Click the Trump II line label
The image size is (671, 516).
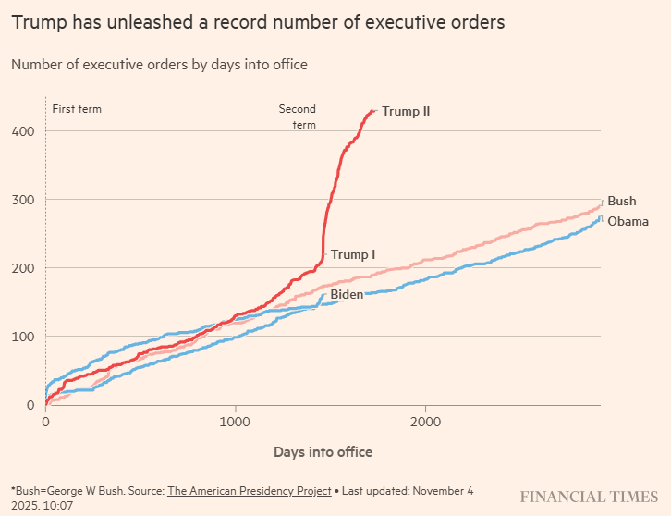click(x=406, y=112)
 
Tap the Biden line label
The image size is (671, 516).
click(x=347, y=294)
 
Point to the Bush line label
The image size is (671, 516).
click(x=622, y=202)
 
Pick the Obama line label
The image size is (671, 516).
click(x=628, y=222)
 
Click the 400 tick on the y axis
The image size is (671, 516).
click(x=23, y=131)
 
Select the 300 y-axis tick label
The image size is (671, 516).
click(x=23, y=200)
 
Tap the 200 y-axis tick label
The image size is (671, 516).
click(x=23, y=268)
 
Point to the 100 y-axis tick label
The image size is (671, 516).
click(x=23, y=337)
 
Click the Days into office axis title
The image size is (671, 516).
click(x=323, y=452)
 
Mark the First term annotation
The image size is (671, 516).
click(x=77, y=109)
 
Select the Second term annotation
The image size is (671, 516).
click(x=298, y=117)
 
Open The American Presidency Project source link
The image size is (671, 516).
click(x=249, y=491)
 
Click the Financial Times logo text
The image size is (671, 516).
click(x=589, y=497)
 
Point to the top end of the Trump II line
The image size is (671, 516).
click(x=373, y=111)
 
